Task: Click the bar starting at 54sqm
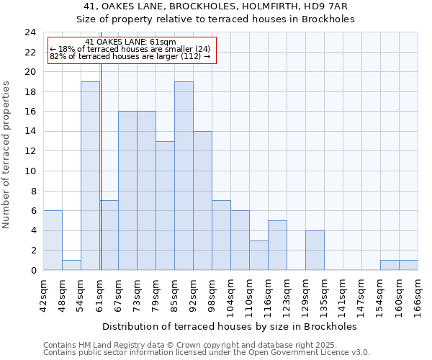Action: click(90, 176)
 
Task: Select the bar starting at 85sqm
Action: click(184, 176)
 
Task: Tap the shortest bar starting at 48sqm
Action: click(71, 265)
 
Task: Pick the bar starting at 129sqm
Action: click(315, 250)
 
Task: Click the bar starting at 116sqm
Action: click(277, 245)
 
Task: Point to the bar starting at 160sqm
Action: click(408, 265)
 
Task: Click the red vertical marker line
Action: click(101, 166)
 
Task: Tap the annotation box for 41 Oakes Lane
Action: click(132, 50)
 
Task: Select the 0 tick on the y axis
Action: click(33, 270)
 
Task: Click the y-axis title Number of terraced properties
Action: click(7, 155)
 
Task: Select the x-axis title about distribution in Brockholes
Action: click(230, 326)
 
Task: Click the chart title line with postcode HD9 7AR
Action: click(216, 6)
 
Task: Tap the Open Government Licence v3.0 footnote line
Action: click(207, 353)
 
